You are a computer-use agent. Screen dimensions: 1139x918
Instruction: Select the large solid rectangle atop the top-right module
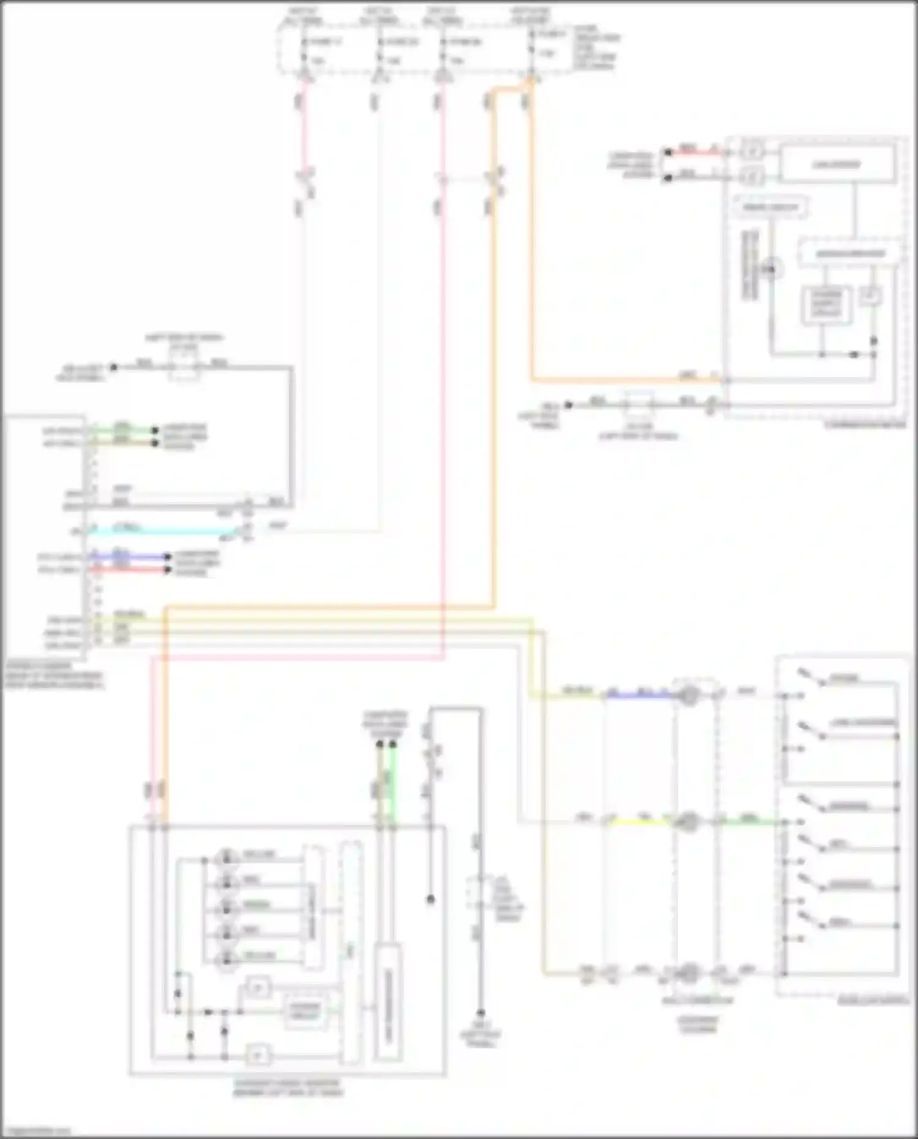pos(836,165)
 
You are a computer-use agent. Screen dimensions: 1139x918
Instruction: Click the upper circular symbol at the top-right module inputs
pos(753,151)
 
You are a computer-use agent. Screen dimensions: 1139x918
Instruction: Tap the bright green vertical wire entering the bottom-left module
pos(393,790)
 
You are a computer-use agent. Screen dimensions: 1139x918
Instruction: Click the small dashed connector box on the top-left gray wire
pos(184,368)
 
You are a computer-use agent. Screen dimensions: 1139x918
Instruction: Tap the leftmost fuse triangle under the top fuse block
pos(305,76)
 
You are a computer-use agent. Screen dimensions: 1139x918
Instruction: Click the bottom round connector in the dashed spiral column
pos(689,973)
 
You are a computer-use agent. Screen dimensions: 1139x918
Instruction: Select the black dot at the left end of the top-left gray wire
pos(113,367)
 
